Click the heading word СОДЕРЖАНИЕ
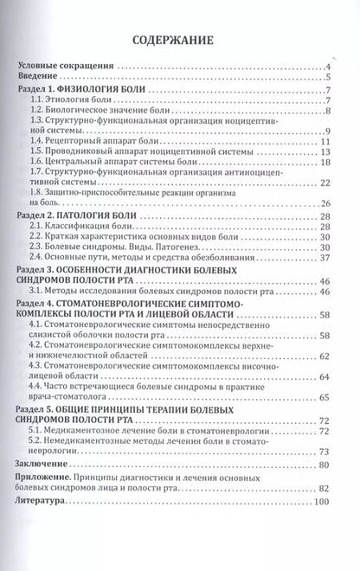tap(180, 40)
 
